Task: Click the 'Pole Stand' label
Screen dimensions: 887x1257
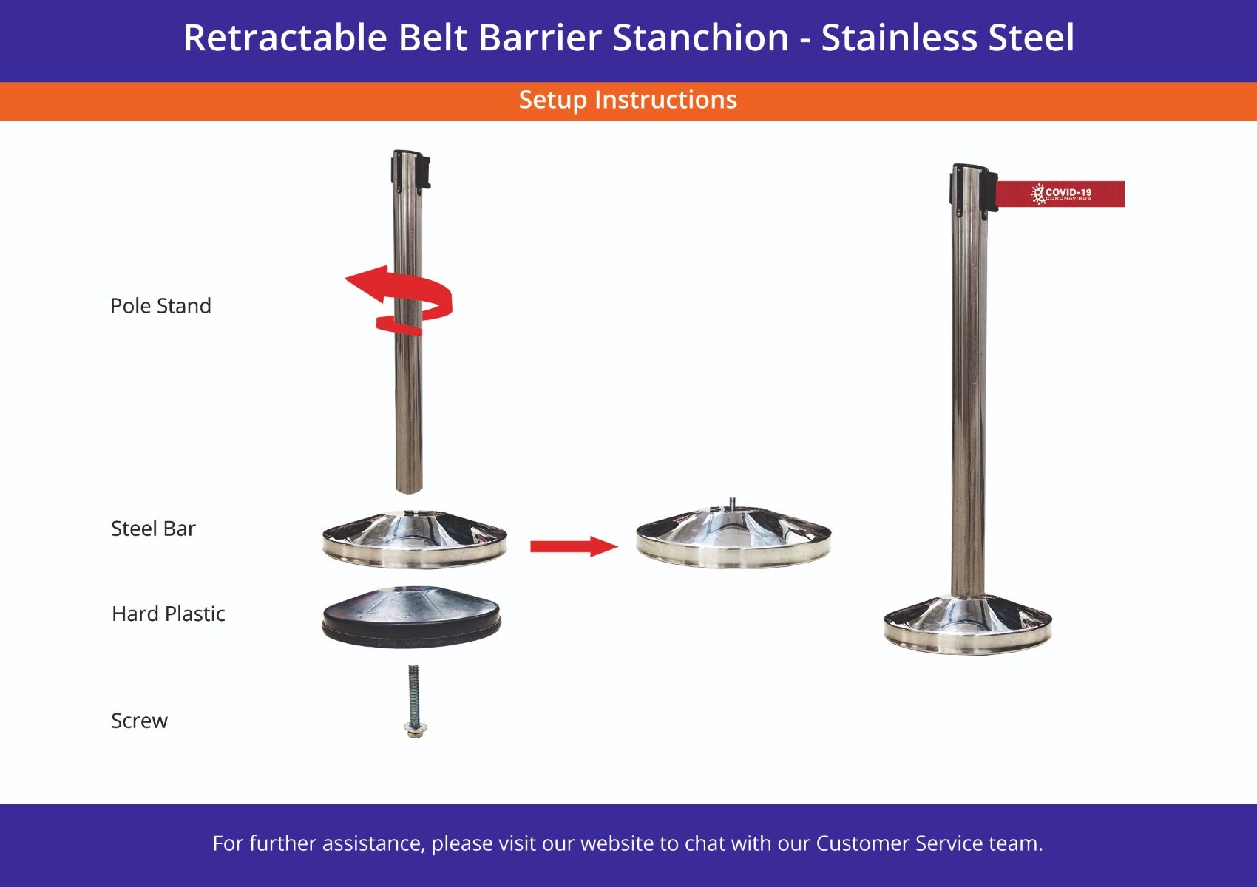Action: (160, 306)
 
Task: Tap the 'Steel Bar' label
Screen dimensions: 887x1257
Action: (153, 529)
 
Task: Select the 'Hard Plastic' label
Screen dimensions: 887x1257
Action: (168, 614)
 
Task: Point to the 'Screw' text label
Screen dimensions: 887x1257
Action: (139, 721)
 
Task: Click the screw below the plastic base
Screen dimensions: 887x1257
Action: (414, 702)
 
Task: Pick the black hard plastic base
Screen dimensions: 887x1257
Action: (411, 617)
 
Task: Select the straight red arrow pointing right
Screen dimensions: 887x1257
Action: (573, 547)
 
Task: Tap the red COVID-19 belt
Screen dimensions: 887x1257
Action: (1061, 194)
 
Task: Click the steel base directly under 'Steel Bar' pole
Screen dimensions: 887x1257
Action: (414, 540)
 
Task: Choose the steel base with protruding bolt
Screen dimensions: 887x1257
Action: (733, 538)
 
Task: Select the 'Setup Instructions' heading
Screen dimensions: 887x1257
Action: (628, 100)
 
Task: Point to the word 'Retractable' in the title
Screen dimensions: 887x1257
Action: (285, 38)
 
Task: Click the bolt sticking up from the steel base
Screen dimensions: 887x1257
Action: (732, 503)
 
